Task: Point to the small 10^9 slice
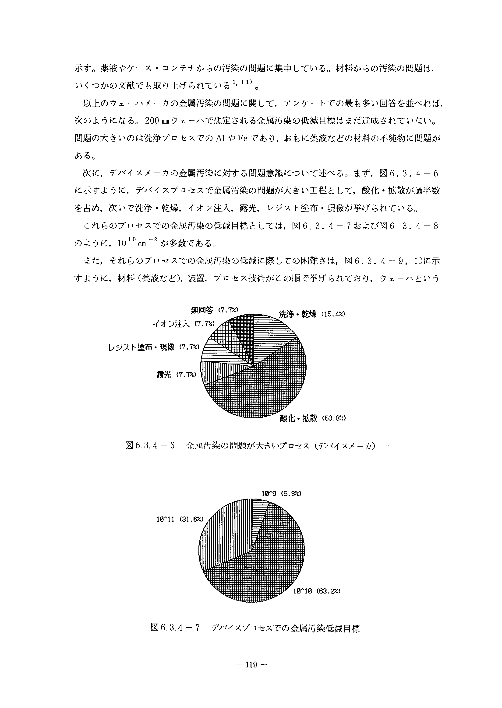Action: (x=258, y=514)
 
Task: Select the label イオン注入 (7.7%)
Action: (x=184, y=324)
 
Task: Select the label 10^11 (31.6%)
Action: (x=180, y=519)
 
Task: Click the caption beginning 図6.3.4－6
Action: (x=250, y=446)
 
